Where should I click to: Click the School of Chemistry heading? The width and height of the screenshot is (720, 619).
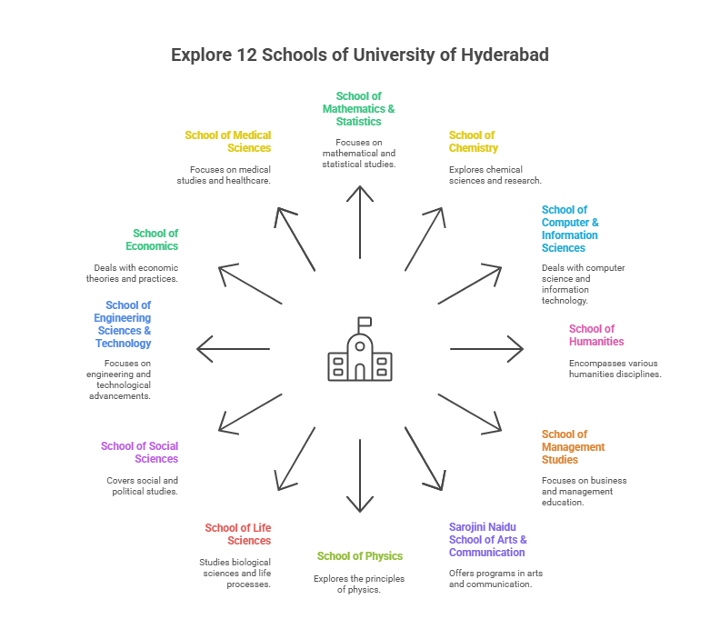pos(474,142)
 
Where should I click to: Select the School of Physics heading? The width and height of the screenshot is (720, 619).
pos(360,555)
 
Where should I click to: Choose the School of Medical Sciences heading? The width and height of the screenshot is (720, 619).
pos(227,142)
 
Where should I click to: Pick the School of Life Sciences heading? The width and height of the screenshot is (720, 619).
pos(237,534)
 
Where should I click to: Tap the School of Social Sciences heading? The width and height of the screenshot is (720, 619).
pos(139,452)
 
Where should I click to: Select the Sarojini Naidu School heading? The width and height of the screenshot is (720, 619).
pos(487,539)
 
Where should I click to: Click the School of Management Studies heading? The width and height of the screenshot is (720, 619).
pos(574,446)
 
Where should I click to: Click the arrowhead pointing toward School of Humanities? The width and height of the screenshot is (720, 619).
pos(519,349)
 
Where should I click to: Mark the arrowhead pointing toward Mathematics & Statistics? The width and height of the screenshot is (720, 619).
pos(360,192)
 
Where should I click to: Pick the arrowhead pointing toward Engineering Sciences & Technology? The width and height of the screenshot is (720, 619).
pos(202,349)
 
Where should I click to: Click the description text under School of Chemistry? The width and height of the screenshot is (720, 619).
pos(495,175)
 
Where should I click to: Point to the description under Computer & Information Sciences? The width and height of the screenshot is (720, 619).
pos(583,284)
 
